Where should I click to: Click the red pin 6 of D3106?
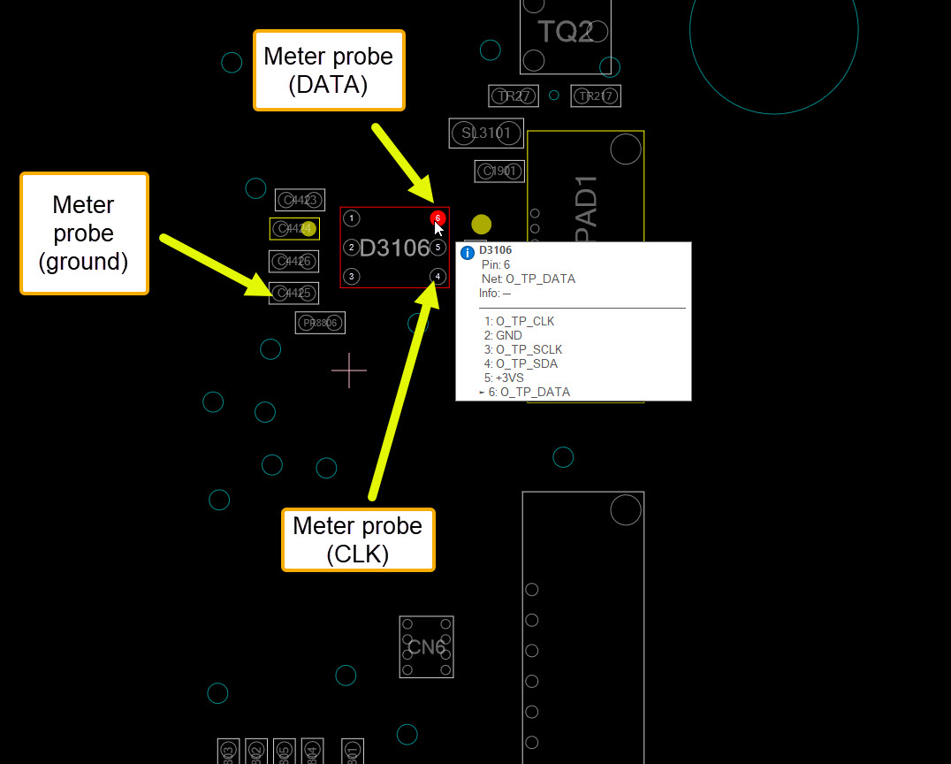point(437,218)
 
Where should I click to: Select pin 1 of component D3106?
point(352,218)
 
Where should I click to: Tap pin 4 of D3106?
point(437,277)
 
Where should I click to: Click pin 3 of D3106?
point(352,277)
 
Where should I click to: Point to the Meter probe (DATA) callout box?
point(329,70)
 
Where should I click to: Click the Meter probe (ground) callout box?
point(84,233)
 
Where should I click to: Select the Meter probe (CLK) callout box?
point(358,539)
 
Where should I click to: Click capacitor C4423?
point(300,200)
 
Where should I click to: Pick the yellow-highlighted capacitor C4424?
point(294,229)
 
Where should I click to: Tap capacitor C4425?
point(293,293)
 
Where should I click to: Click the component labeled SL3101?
point(486,134)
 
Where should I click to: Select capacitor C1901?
point(499,171)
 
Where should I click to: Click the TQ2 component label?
point(565,33)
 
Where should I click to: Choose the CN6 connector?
point(426,647)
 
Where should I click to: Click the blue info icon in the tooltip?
point(468,253)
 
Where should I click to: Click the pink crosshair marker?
point(349,371)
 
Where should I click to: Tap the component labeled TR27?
point(514,95)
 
